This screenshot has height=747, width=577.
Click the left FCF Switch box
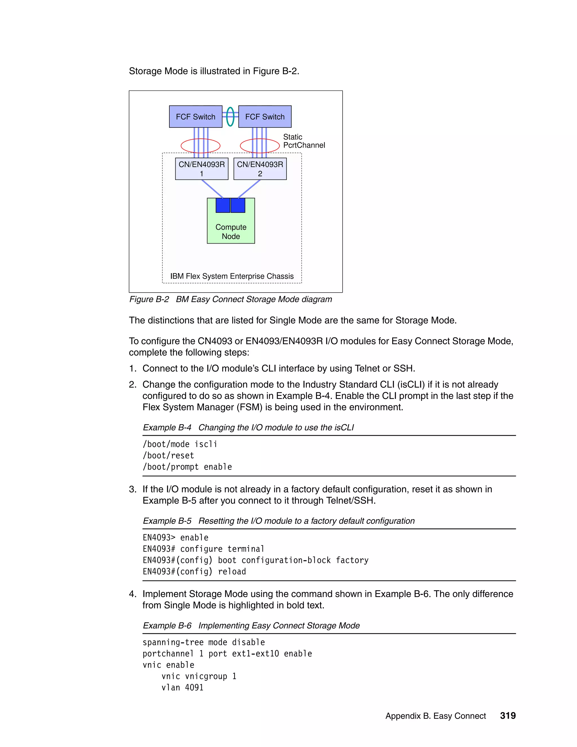click(x=196, y=117)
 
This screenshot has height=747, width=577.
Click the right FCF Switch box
click(x=265, y=117)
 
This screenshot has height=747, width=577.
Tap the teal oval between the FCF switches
click(x=230, y=117)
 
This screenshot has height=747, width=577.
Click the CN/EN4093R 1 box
click(x=202, y=169)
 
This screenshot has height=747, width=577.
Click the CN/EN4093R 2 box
click(x=260, y=169)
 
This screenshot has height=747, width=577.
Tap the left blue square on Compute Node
click(x=223, y=205)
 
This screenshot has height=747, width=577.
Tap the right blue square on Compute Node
click(x=238, y=205)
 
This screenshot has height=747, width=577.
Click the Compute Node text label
click(x=231, y=231)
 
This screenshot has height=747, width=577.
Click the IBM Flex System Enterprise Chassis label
click(x=232, y=276)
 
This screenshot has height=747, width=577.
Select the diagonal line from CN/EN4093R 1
click(x=212, y=189)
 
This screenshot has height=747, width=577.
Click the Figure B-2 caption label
click(x=230, y=299)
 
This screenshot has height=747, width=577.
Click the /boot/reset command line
click(x=168, y=456)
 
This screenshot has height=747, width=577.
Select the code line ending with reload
click(x=194, y=572)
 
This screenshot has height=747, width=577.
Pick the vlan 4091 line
click(x=182, y=688)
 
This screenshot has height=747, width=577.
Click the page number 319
click(x=508, y=716)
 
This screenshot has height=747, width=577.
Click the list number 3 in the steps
click(x=132, y=489)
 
